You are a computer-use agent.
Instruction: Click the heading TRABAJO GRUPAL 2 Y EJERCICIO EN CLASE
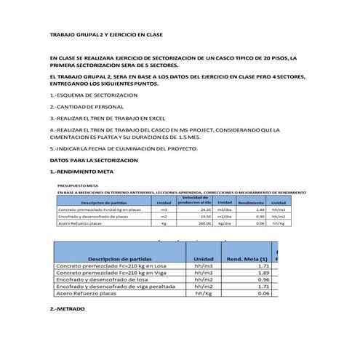105,35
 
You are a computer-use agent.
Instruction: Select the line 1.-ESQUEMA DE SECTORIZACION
93,96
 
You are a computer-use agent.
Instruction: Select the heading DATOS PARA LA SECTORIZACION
93,160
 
